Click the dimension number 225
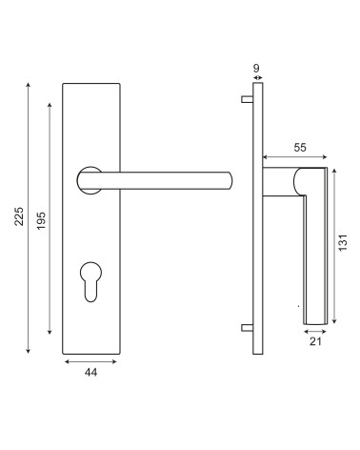click(19, 216)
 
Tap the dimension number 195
click(41, 220)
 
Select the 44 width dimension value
click(90, 372)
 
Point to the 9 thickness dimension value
click(256, 68)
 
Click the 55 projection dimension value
click(300, 148)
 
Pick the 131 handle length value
click(343, 242)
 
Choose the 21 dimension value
click(315, 341)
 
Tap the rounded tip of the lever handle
click(230, 180)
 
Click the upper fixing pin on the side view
click(247, 99)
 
